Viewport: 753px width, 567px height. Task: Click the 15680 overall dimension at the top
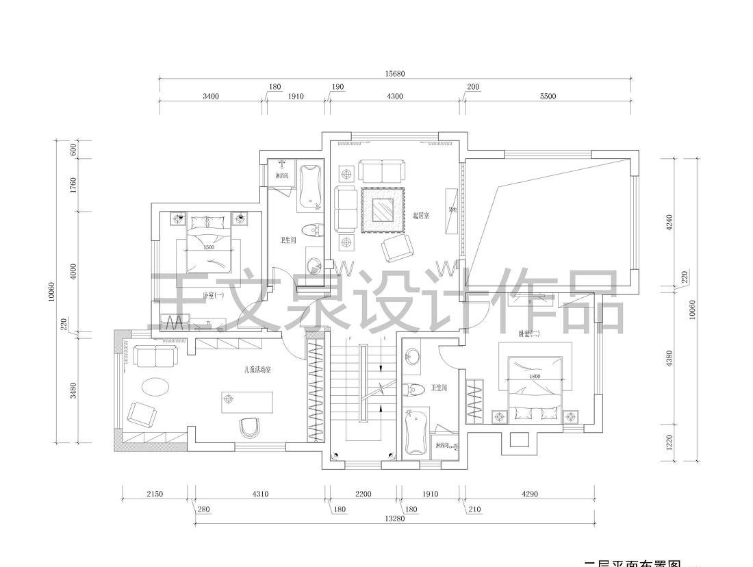(x=395, y=73)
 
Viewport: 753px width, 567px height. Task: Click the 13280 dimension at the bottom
(x=395, y=518)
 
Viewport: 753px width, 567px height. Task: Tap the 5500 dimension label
(x=548, y=97)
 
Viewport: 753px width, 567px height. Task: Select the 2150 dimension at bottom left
(x=155, y=494)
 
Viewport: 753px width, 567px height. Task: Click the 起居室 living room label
(x=421, y=215)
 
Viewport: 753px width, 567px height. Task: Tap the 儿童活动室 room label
(x=258, y=370)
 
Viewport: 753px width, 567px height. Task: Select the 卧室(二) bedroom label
(x=529, y=333)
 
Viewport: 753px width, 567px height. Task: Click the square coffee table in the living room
(x=383, y=210)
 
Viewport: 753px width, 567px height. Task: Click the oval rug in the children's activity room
(x=157, y=386)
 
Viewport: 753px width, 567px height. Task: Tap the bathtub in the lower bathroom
(x=416, y=432)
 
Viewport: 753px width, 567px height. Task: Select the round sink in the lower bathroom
(x=413, y=357)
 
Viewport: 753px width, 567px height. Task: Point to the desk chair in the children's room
(x=251, y=427)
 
